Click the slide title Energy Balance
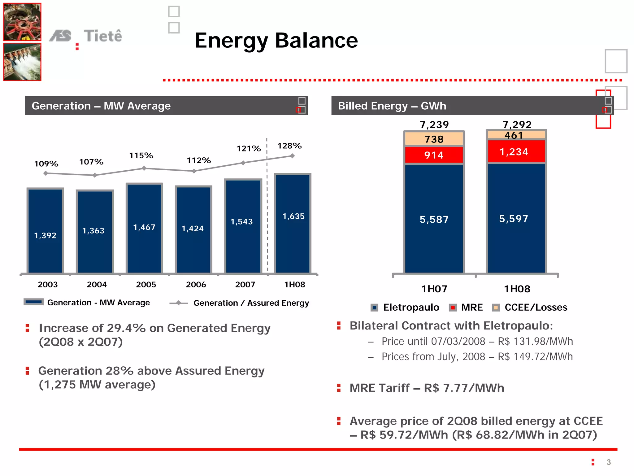(276, 41)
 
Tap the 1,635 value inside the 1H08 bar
(293, 216)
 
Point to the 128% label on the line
(289, 146)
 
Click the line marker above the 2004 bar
(95, 175)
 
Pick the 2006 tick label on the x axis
(196, 284)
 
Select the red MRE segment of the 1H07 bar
(434, 155)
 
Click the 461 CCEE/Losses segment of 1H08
(516, 135)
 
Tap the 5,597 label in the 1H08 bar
(514, 219)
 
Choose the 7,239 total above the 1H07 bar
(434, 125)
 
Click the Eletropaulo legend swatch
(374, 308)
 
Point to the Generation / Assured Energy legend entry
(251, 303)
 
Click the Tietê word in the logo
(103, 36)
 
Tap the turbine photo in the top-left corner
(22, 22)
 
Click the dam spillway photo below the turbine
(22, 62)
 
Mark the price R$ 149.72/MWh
(535, 357)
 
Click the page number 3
(609, 462)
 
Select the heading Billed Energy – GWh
(392, 106)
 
